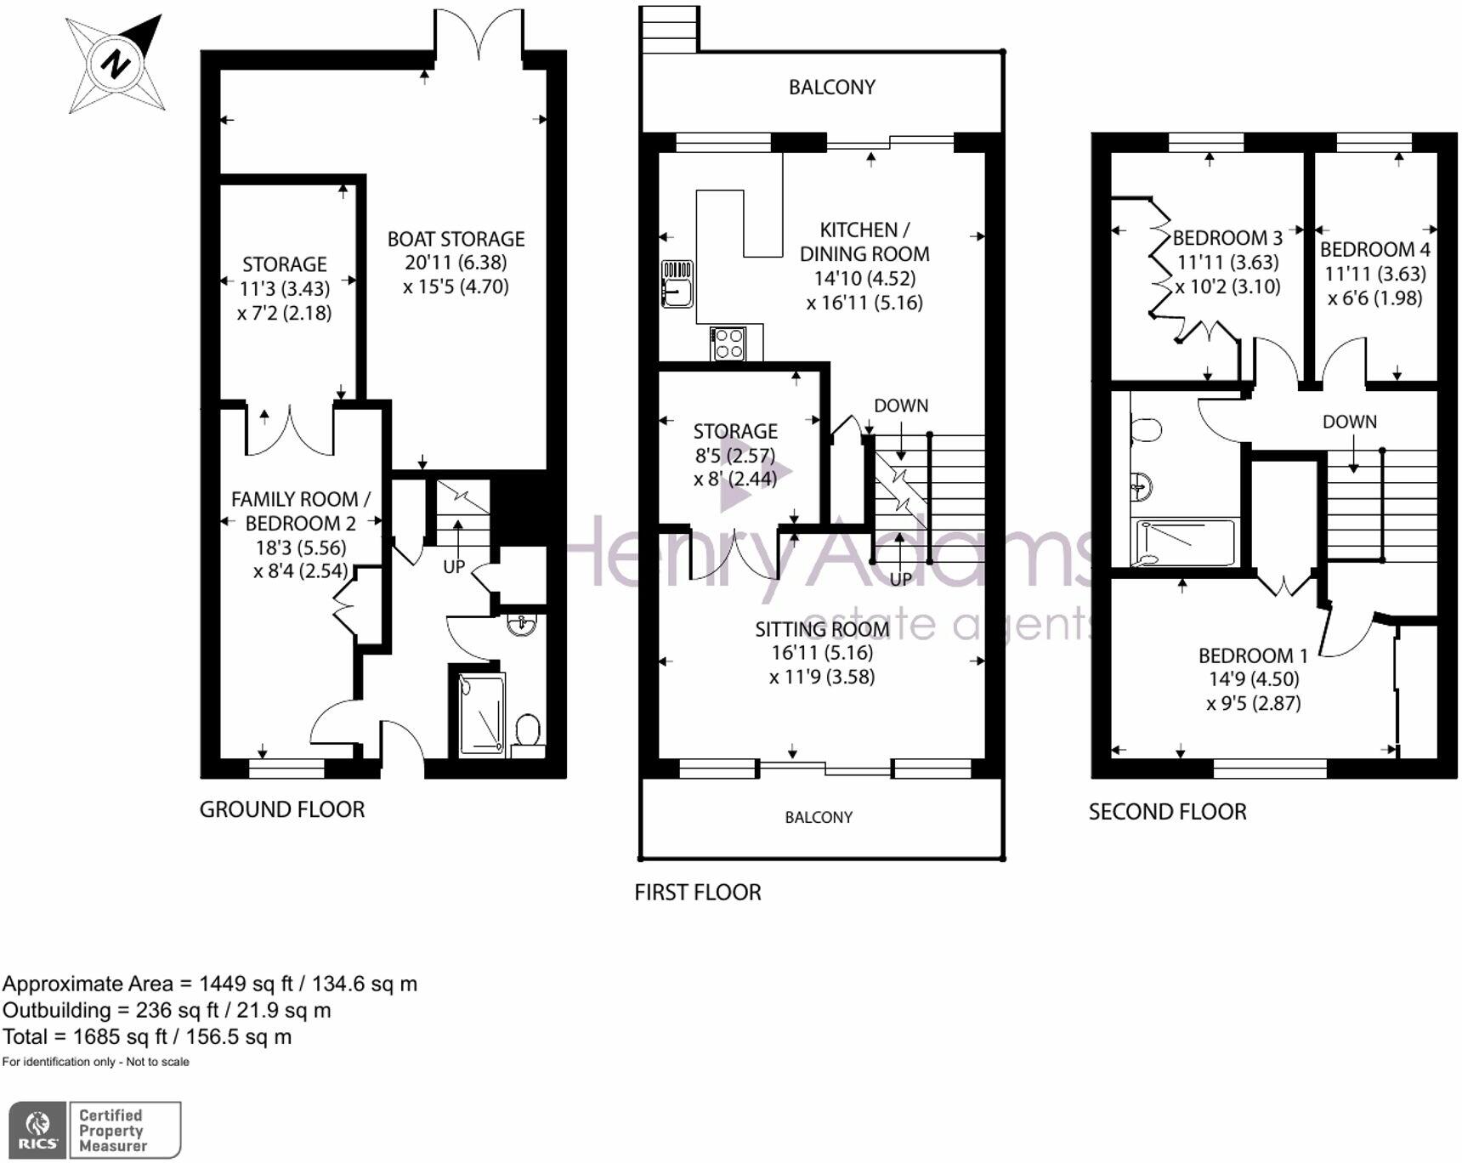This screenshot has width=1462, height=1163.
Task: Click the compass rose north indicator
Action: [116, 64]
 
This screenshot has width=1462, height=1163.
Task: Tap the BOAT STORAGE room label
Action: [456, 239]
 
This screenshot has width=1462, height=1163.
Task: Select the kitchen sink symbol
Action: [677, 284]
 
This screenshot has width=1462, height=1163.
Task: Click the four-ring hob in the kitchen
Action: [729, 343]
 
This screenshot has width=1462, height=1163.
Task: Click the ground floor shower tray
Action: [481, 714]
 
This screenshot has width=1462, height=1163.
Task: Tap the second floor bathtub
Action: [1187, 542]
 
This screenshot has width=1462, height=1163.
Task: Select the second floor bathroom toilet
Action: [1146, 430]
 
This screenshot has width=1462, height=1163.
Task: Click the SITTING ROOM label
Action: [821, 629]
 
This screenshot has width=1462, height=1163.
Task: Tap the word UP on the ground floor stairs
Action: [454, 566]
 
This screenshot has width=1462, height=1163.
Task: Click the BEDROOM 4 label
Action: [1374, 250]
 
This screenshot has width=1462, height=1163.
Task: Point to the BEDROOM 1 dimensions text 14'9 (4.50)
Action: [1254, 679]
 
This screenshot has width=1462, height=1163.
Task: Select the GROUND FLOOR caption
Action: [281, 809]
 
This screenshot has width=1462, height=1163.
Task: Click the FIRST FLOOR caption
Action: [698, 892]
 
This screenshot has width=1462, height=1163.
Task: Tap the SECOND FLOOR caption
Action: [1167, 812]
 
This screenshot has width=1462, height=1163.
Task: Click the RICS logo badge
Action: [38, 1130]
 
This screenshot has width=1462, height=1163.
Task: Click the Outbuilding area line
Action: [167, 1010]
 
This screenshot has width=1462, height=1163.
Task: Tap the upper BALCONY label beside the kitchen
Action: [831, 87]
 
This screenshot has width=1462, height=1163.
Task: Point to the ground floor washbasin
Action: [521, 626]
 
